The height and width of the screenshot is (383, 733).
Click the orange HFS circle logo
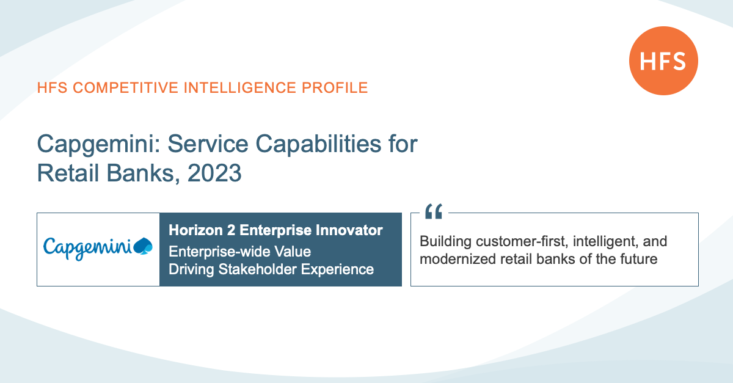[x=663, y=61]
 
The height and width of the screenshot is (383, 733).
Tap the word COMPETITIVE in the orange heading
[x=125, y=88]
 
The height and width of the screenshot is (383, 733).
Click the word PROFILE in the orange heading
[x=335, y=88]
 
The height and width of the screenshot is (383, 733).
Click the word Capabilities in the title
[x=318, y=144]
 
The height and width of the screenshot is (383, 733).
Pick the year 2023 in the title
[x=214, y=173]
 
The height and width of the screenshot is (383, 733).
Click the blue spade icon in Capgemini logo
[x=143, y=246]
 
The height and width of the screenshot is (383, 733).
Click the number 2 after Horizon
[x=231, y=230]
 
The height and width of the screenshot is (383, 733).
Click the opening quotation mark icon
[x=434, y=211]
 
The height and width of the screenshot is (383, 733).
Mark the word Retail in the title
[x=68, y=173]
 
